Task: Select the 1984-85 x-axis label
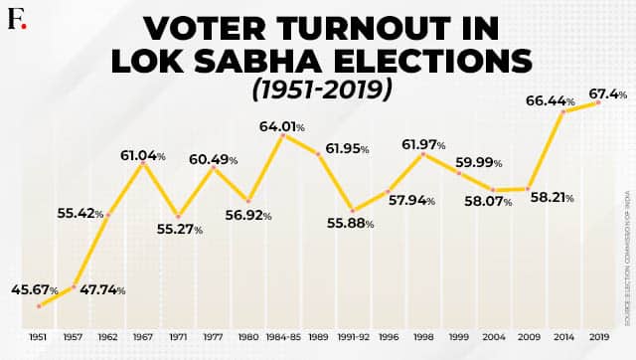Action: coord(284,338)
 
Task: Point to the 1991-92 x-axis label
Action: coord(353,338)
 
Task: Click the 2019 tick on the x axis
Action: coord(599,338)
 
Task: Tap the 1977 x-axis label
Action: coord(214,338)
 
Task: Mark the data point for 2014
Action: coord(563,112)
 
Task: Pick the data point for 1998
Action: coord(423,154)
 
